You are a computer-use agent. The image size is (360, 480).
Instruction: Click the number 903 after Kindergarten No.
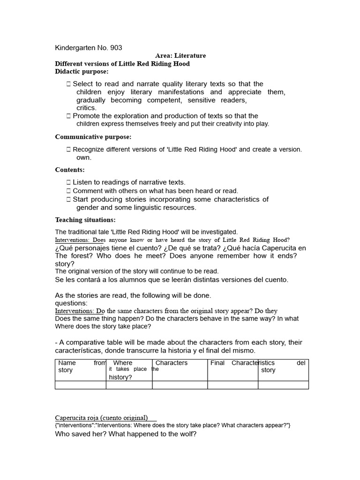[x=116, y=48]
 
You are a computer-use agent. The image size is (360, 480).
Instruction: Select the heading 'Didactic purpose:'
[x=82, y=71]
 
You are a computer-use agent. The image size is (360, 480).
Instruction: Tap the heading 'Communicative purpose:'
[x=93, y=137]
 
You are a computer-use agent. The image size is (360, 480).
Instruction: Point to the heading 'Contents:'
[x=70, y=170]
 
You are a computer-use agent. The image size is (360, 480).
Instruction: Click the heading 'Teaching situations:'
[x=85, y=220]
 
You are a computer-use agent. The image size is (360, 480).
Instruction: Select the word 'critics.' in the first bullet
[x=86, y=108]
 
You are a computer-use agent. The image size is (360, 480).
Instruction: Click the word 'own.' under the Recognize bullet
[x=84, y=157]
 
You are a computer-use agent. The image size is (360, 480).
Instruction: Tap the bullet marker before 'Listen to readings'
[x=69, y=182]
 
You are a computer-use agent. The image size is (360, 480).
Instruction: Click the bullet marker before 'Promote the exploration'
[x=69, y=116]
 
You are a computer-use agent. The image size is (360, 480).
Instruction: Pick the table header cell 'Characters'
[x=171, y=363]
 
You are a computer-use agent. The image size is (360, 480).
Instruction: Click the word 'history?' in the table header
[x=120, y=377]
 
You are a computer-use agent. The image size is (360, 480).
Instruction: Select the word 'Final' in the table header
[x=217, y=363]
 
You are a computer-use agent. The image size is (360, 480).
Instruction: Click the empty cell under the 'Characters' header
[x=180, y=385]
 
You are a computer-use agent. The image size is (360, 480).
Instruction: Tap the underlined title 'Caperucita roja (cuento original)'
[x=101, y=418]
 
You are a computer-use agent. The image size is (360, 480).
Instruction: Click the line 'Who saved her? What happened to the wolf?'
[x=126, y=434]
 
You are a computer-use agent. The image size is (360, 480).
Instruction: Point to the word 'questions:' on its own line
[x=71, y=303]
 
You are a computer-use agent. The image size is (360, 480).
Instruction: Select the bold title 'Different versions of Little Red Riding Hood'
[x=122, y=64]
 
